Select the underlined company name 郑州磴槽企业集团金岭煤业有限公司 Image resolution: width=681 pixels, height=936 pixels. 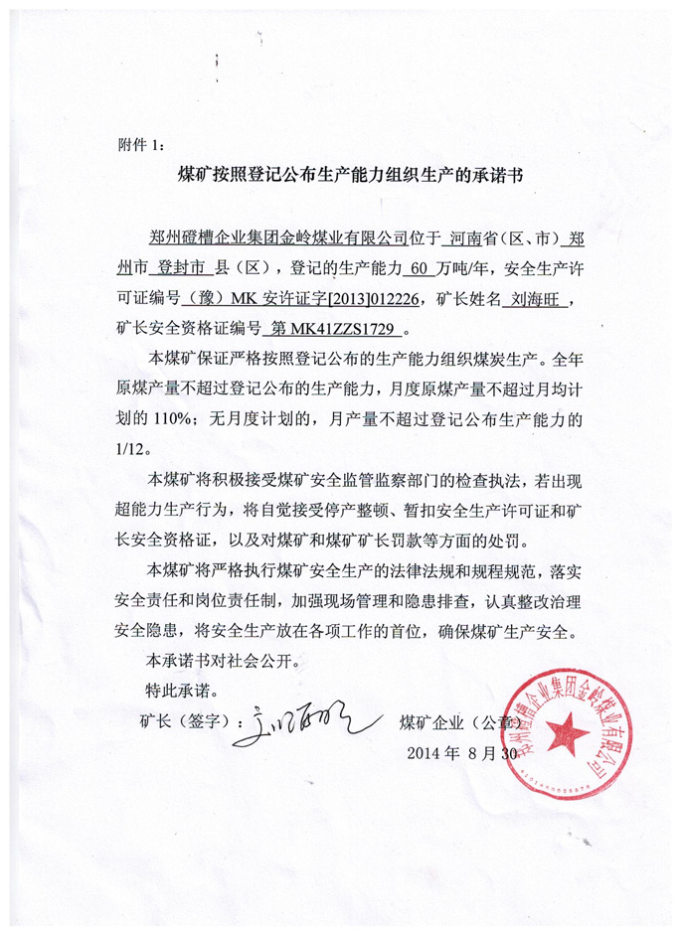click(274, 238)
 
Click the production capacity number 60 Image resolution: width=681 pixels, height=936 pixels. click(421, 267)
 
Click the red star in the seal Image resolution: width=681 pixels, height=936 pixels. click(568, 734)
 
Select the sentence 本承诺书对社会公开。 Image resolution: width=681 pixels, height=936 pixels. click(221, 659)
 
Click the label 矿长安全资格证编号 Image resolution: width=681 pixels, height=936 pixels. click(188, 325)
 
